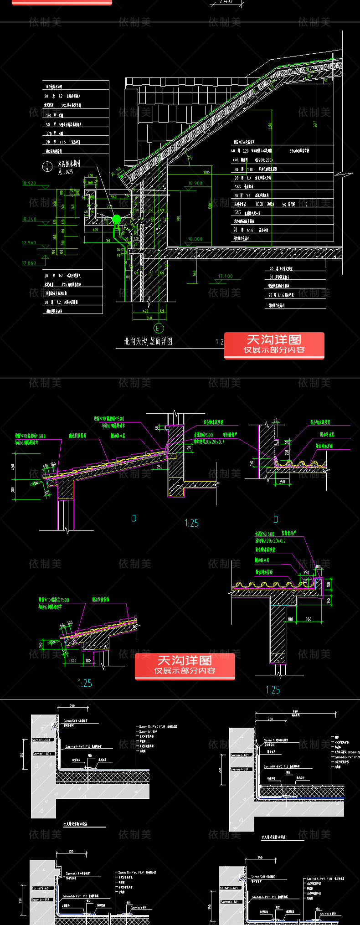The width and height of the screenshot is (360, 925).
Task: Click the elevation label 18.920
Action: point(29,183)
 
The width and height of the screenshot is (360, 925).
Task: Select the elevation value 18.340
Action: point(29,219)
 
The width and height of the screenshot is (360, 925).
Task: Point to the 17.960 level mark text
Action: point(29,243)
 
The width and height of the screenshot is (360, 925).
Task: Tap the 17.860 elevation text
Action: point(29,263)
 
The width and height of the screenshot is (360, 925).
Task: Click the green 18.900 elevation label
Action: point(195,183)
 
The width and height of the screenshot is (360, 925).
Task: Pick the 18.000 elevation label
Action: point(195,239)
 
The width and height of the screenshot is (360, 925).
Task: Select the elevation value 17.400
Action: point(225,276)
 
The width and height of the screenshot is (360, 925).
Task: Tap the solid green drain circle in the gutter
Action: point(116,219)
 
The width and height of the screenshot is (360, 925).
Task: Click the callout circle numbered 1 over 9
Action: point(46,167)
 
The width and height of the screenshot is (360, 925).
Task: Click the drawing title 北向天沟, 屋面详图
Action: point(148,341)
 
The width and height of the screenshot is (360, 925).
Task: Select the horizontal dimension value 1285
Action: point(206,172)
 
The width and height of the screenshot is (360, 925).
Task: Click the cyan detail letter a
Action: point(134,518)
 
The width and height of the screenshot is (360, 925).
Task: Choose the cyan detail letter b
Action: point(276,519)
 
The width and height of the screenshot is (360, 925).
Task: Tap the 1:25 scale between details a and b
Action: point(191,523)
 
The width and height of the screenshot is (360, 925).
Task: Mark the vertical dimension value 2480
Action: point(270,125)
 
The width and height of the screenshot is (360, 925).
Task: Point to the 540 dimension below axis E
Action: point(149,318)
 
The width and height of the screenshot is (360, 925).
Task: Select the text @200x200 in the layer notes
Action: point(264,160)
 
